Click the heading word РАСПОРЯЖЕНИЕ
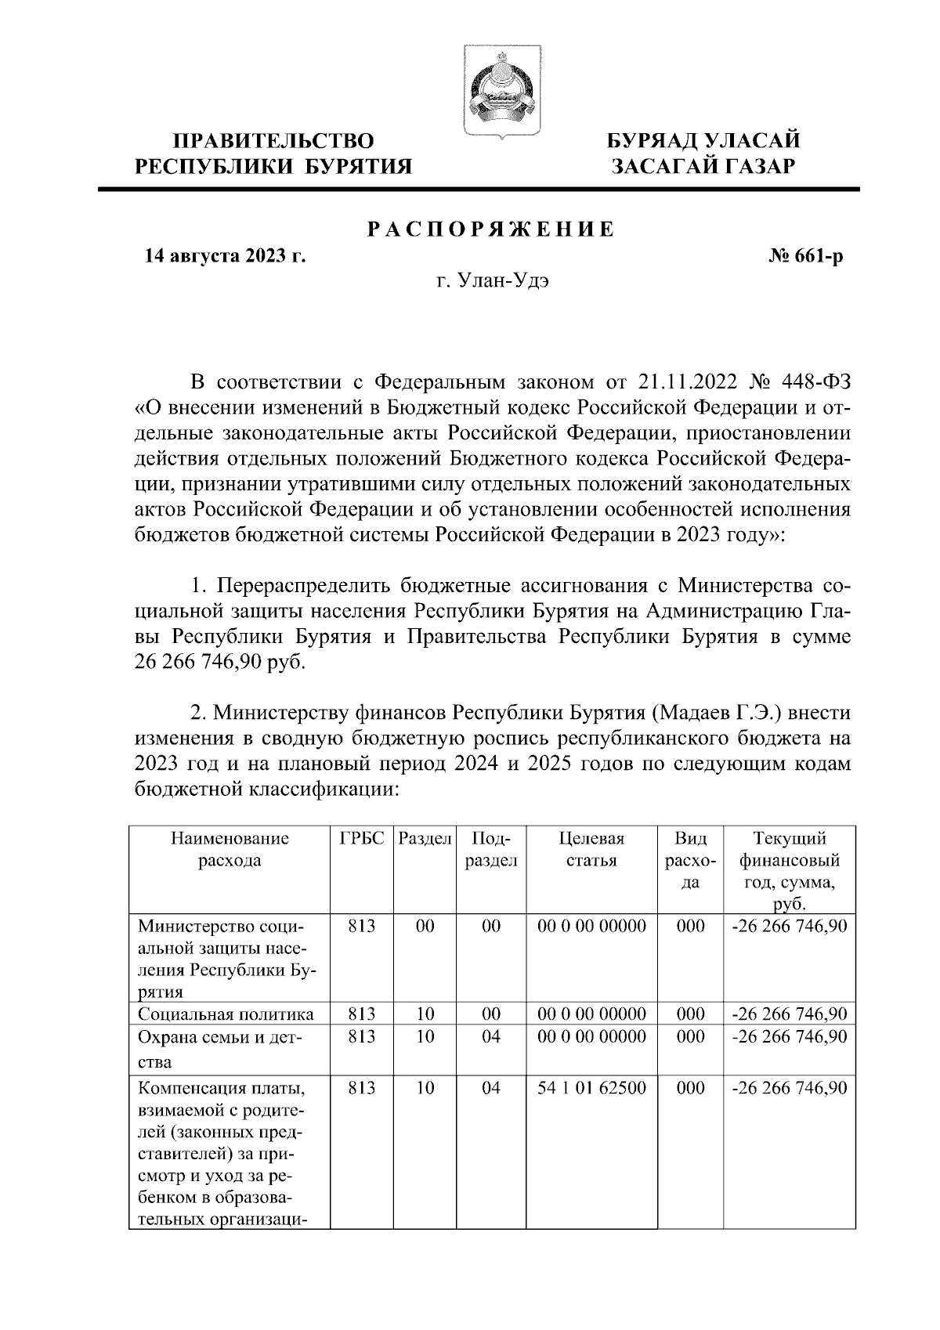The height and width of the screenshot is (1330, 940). coord(491,229)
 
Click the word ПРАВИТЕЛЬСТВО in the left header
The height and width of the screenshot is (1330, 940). coord(273,141)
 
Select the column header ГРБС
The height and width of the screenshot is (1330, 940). coord(362,839)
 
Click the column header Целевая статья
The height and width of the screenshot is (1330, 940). coord(592,850)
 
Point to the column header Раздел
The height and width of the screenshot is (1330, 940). coord(425,839)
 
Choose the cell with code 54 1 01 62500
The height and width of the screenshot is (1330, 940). coord(592,1088)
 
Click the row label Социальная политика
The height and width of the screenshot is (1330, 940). coord(226,1014)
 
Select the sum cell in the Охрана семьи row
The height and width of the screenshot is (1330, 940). coord(789,1036)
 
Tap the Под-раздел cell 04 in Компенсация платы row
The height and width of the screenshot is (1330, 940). coord(491,1088)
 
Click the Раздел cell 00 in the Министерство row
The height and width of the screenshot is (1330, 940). coord(425,927)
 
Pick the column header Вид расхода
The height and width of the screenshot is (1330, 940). coord(690,861)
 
